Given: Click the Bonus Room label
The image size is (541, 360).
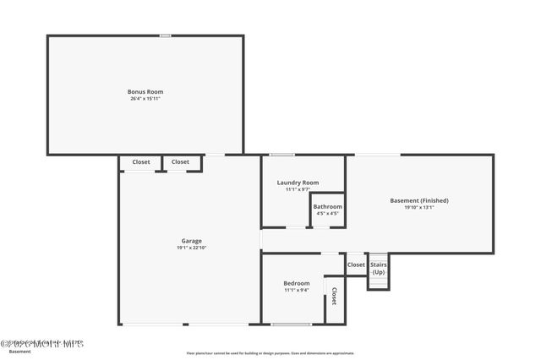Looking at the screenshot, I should tap(145, 91).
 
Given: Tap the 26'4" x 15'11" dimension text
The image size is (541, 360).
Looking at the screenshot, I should tap(145, 99).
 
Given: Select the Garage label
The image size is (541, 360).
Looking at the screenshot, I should tap(191, 242).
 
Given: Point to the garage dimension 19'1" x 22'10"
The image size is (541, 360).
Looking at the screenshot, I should tap(191, 248).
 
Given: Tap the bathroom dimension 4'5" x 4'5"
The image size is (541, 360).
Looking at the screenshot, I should tap(328, 214).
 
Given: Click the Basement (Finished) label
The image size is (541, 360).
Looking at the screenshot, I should tap(419, 200).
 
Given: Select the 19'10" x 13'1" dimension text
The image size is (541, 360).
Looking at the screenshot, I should tap(419, 208).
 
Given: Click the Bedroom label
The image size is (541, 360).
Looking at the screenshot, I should tap(296, 283).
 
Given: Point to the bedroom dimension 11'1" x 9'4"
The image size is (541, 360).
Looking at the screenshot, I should tap(296, 290).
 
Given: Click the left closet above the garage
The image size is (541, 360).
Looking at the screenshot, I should tap(140, 162).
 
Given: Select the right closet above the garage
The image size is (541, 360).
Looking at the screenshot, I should tap(181, 162).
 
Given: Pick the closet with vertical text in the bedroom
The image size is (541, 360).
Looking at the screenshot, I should tap(335, 297).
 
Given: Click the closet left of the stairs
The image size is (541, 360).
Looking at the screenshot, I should tap(356, 265).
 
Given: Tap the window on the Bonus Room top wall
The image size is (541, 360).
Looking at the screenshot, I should tap(166, 35).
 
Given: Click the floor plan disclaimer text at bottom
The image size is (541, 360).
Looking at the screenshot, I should tap(270, 353).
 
